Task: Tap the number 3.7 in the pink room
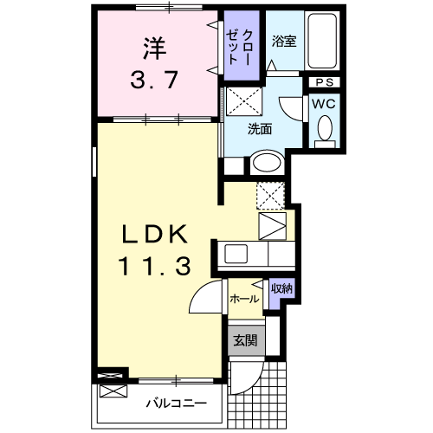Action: click(153, 81)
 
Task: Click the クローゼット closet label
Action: click(239, 42)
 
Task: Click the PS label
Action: click(325, 82)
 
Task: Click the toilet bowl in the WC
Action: click(325, 130)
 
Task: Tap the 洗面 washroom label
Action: click(260, 129)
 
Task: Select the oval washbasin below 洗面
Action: click(267, 163)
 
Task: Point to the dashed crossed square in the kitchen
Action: click(270, 196)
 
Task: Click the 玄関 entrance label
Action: click(244, 340)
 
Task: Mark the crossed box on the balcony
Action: click(112, 389)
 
